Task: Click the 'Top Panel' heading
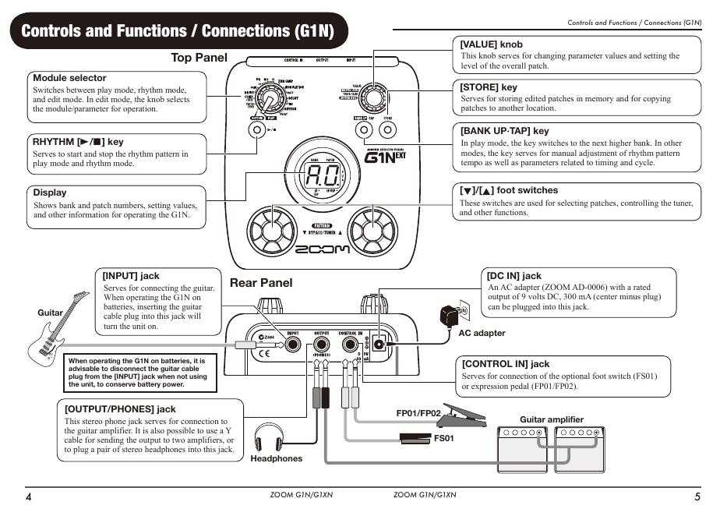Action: point(199,58)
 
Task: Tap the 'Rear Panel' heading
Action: point(261,283)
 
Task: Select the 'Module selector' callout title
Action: point(69,78)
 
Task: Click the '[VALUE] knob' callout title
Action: point(491,44)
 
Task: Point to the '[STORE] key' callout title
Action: point(489,87)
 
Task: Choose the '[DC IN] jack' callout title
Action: point(513,276)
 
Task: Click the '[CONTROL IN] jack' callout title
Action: point(506,364)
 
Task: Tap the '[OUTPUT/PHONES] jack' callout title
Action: point(120,408)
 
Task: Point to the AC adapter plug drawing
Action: point(450,315)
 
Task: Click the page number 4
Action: point(29,497)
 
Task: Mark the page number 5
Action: point(697,497)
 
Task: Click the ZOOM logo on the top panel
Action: point(322,250)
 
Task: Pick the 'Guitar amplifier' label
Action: point(552,419)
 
